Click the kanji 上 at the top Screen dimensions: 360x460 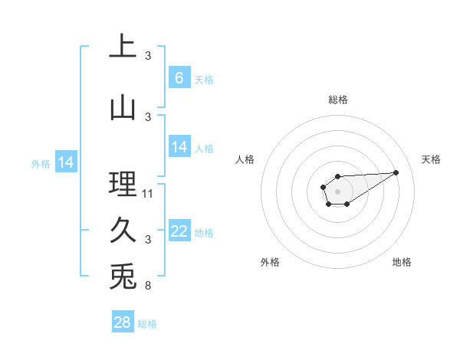tap(123, 47)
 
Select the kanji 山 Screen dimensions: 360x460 tap(123, 108)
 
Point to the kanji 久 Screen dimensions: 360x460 tap(123, 231)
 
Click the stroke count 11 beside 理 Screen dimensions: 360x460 tap(148, 194)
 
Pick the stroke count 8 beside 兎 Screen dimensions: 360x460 tap(148, 286)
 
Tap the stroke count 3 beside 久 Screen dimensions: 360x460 tap(148, 240)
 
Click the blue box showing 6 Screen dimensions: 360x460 tap(179, 77)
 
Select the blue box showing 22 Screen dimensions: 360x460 tap(179, 231)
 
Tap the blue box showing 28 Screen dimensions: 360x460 tap(123, 322)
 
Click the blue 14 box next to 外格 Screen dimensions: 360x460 tap(66, 162)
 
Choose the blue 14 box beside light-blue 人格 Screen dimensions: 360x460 tap(179, 147)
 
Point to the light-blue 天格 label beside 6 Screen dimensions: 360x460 tap(204, 79)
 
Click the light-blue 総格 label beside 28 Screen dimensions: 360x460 tap(147, 324)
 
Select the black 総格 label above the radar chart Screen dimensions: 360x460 tap(338, 100)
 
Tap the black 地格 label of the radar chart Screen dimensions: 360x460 tap(402, 262)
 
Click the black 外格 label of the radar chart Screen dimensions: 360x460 tap(270, 262)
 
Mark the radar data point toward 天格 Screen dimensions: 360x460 tap(396, 172)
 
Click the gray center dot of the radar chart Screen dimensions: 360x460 tap(337, 191)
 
